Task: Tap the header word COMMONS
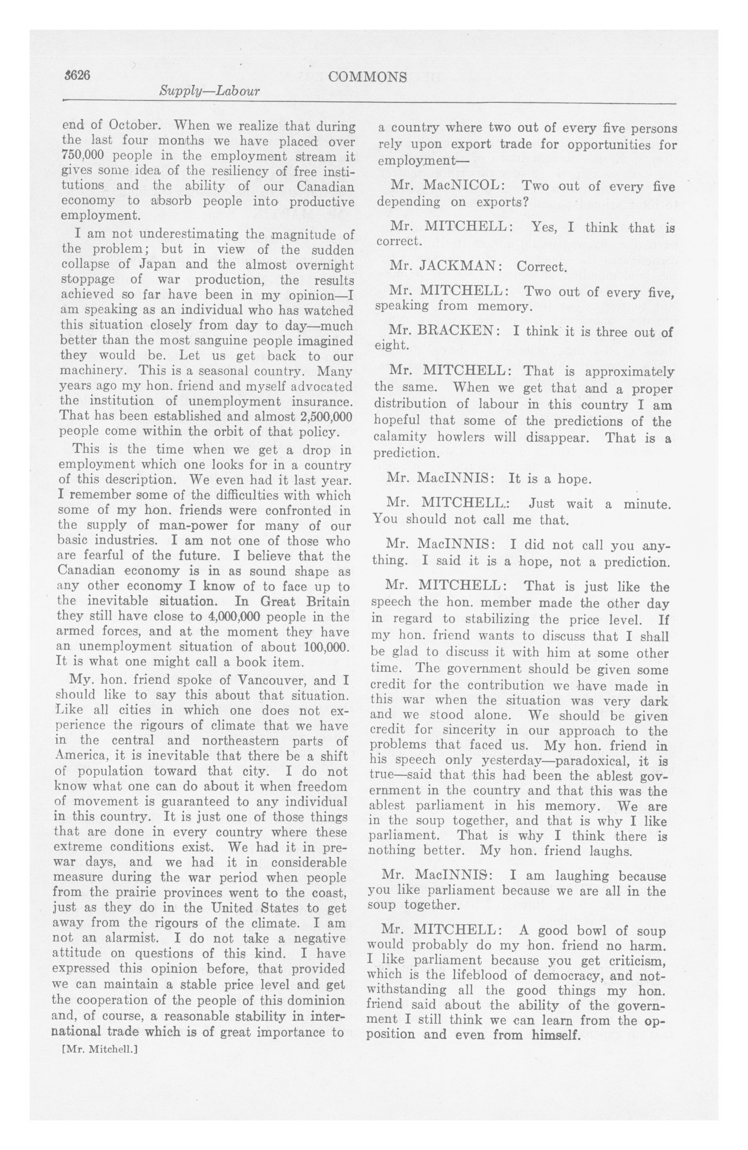tap(367, 77)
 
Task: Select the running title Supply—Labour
tap(210, 91)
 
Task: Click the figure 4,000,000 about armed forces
tap(233, 617)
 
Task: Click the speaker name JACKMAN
tap(463, 266)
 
